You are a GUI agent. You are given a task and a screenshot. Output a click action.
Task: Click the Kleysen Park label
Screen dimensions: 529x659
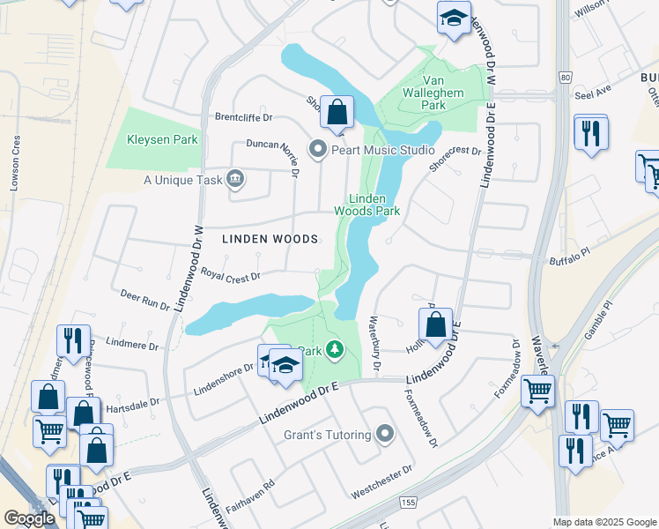pyautogui.click(x=161, y=139)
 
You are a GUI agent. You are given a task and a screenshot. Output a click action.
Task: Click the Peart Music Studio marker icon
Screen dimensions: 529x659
pyautogui.click(x=318, y=149)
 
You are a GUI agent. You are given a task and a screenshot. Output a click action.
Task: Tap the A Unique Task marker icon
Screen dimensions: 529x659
pyautogui.click(x=234, y=180)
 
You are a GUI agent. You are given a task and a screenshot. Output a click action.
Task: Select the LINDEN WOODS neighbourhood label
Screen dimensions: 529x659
pyautogui.click(x=270, y=239)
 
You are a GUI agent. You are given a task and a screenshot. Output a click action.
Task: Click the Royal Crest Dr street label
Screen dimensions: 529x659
pyautogui.click(x=231, y=276)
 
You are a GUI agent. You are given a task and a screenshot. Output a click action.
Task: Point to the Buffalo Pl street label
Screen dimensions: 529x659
pyautogui.click(x=549, y=262)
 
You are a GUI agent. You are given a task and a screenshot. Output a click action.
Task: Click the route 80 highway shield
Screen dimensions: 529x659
pyautogui.click(x=563, y=78)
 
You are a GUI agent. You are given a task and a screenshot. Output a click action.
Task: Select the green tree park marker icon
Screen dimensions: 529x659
pyautogui.click(x=334, y=351)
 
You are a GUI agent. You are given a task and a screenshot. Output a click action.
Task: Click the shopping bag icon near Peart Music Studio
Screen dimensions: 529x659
pyautogui.click(x=337, y=113)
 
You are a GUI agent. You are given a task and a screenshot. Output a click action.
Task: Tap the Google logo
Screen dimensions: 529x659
pyautogui.click(x=29, y=518)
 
